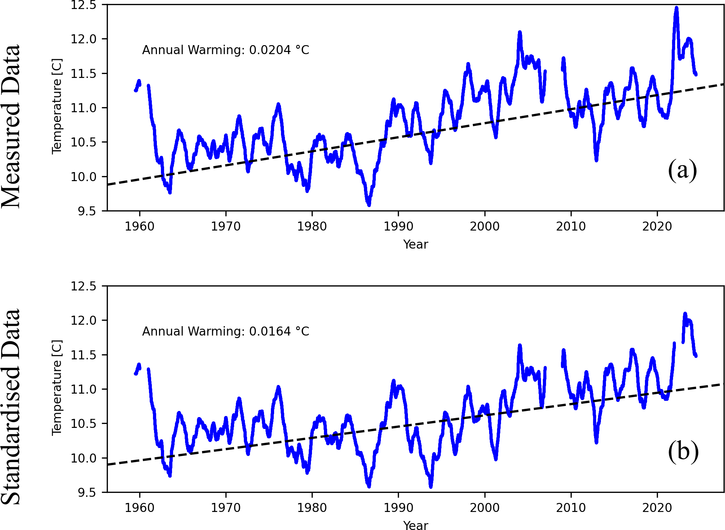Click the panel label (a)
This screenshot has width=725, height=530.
point(682,170)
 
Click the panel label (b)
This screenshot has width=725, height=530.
point(683,451)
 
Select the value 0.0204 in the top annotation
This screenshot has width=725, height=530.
point(270,50)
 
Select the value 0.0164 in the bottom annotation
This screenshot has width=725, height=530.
point(270,331)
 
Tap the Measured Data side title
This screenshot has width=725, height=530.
point(10,126)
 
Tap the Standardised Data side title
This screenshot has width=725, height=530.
point(10,407)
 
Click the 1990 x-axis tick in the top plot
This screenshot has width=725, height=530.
point(398,227)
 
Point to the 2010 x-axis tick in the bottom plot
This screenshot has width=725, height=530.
point(571,508)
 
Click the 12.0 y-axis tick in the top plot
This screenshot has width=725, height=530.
point(84,39)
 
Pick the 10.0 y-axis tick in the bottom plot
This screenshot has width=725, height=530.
point(84,458)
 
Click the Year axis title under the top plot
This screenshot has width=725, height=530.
point(416,245)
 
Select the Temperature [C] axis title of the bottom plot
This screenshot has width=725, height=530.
point(57,388)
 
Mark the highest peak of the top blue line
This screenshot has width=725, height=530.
point(676,8)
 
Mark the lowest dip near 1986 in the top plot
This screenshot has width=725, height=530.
point(369,205)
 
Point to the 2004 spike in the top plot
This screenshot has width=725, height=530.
point(520,32)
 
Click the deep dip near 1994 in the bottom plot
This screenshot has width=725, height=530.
point(431,486)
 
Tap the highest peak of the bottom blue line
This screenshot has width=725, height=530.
point(685,314)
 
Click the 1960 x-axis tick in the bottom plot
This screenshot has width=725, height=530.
point(140,508)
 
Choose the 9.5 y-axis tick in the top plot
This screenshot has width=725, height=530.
point(87,211)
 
